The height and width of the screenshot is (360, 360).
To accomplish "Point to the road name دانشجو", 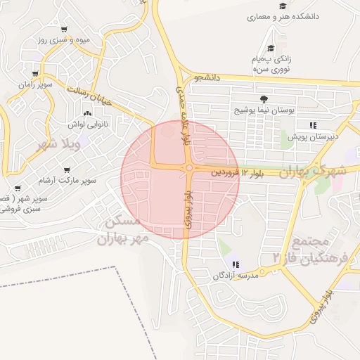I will coord(208,77).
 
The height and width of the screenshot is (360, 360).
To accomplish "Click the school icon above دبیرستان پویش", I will coord(313,125).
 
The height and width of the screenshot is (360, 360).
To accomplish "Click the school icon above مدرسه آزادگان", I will coord(236,264).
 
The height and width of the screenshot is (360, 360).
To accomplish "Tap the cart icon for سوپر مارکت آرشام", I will coord(67,170).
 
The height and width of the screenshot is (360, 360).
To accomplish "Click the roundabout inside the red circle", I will coord(189,168).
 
